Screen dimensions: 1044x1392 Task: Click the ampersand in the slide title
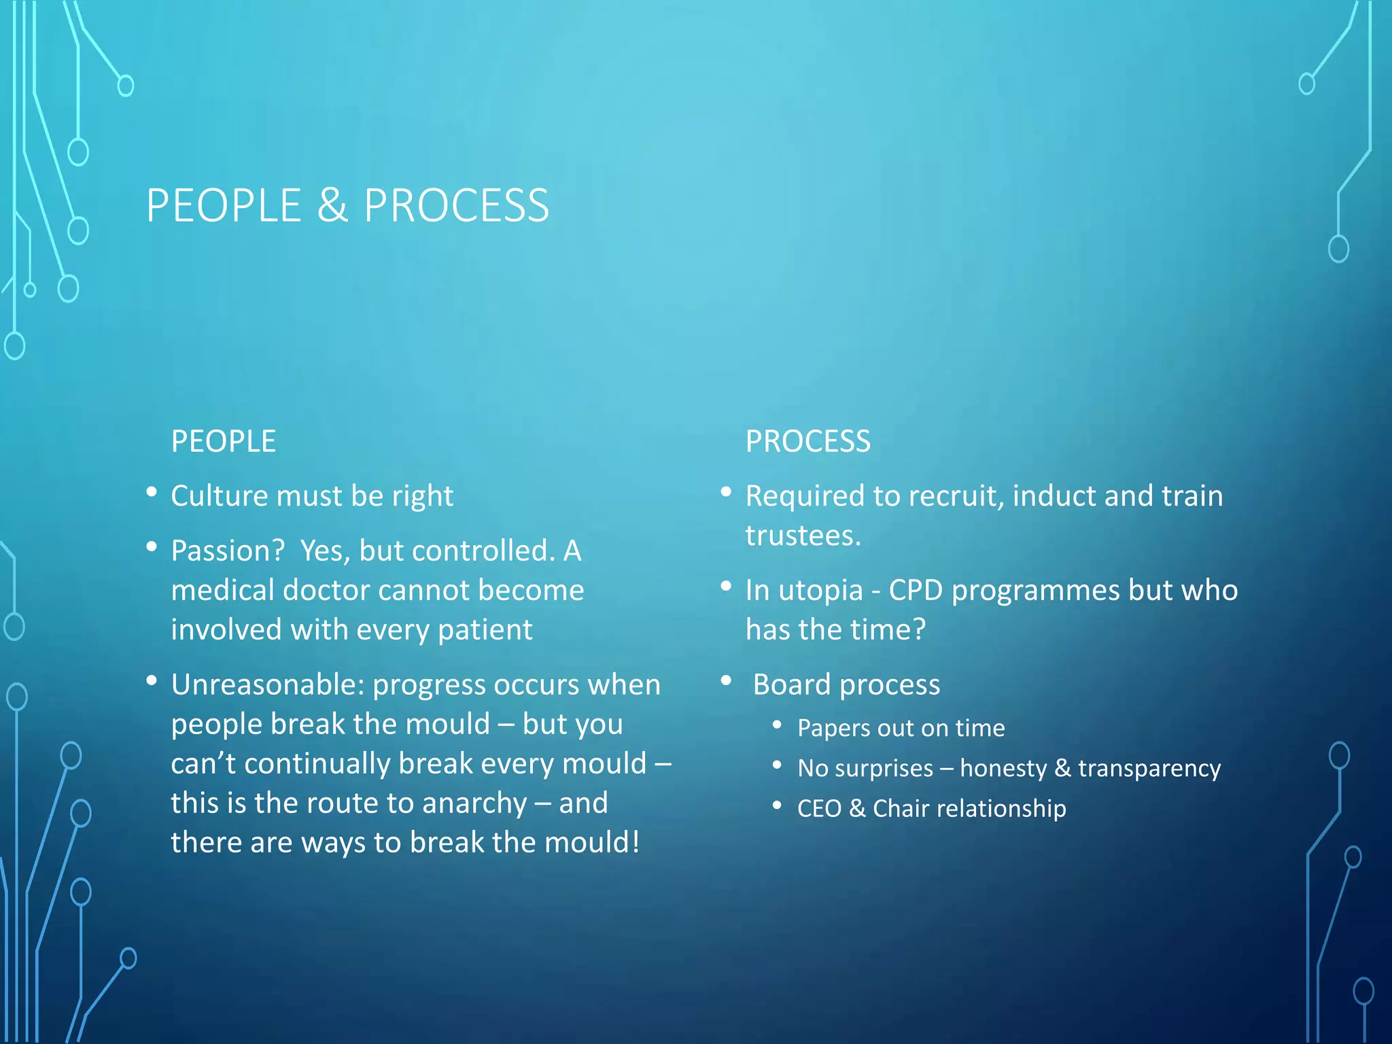tap(332, 205)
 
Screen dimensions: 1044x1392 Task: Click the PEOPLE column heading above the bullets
tap(224, 441)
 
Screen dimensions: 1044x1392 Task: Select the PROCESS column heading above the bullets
tap(807, 441)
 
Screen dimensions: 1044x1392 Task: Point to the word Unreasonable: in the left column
tap(268, 684)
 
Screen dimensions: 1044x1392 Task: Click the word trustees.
tap(803, 536)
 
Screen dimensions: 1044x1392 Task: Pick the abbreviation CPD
tap(916, 590)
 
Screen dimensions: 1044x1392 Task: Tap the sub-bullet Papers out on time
tap(901, 728)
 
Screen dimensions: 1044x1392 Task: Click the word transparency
tap(1149, 769)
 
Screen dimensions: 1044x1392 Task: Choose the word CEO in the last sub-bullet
tap(819, 809)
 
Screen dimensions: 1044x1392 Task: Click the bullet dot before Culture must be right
tap(152, 491)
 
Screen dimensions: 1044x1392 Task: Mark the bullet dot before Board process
tap(726, 680)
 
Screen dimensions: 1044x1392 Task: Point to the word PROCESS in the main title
tap(456, 205)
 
